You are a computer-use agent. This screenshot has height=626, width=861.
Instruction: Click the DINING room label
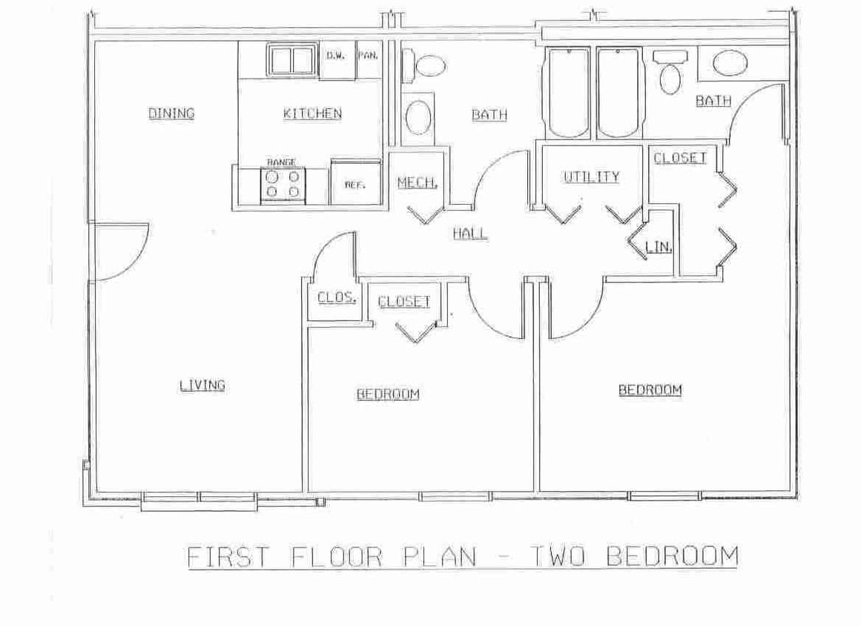pyautogui.click(x=171, y=113)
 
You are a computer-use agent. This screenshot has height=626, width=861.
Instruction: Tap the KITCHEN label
pyautogui.click(x=312, y=113)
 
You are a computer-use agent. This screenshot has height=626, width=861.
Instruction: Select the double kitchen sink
pyautogui.click(x=290, y=60)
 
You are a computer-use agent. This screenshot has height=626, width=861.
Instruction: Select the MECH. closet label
pyautogui.click(x=417, y=182)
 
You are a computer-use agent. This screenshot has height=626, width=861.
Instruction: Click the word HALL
pyautogui.click(x=470, y=234)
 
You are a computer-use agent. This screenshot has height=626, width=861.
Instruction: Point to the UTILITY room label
pyautogui.click(x=591, y=177)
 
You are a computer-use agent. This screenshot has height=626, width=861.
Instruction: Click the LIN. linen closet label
pyautogui.click(x=658, y=247)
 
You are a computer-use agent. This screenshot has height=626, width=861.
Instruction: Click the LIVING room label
pyautogui.click(x=202, y=385)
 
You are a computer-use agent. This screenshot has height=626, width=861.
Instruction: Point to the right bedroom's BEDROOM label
pyautogui.click(x=650, y=390)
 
